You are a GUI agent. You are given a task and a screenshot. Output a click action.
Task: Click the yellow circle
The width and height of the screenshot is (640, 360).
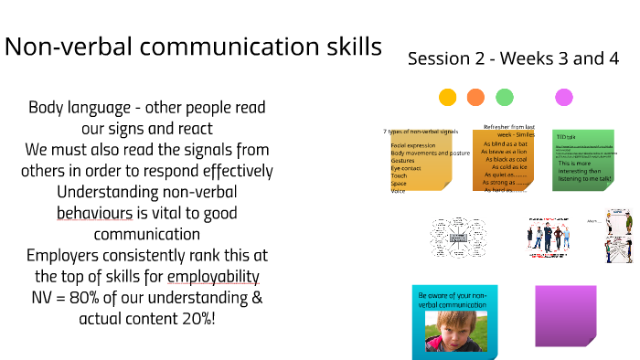click(x=447, y=97)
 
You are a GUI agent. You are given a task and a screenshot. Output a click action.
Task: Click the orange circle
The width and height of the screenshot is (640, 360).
click(x=475, y=97)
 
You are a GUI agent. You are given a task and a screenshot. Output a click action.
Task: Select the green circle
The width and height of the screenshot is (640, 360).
click(x=504, y=97)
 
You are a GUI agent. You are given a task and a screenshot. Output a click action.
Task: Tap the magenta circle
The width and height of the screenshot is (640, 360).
click(x=564, y=97)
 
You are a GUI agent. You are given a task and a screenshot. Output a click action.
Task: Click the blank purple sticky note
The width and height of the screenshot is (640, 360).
click(x=565, y=315)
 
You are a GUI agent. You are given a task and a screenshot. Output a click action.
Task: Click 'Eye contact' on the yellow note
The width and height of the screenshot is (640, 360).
click(x=407, y=168)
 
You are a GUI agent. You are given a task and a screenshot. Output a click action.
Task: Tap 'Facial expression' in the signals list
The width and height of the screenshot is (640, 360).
click(x=412, y=145)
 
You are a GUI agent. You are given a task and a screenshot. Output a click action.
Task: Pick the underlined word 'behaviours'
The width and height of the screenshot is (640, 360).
click(x=94, y=213)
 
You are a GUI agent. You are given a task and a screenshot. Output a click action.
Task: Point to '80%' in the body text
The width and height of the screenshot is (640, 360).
click(x=118, y=297)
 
